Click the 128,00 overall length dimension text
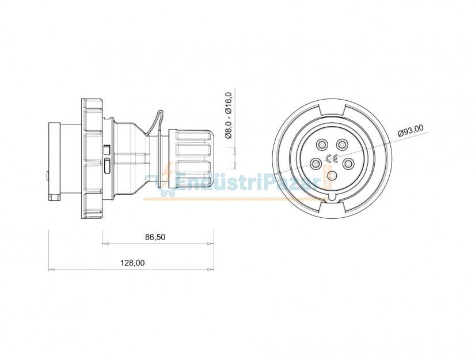[132, 263]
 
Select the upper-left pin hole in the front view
[321, 144]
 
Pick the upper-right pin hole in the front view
[343, 144]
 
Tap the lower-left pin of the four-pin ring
[316, 164]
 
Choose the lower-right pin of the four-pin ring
[348, 164]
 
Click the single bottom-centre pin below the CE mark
[332, 176]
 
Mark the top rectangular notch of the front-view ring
[332, 108]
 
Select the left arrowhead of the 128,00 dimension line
[51, 269]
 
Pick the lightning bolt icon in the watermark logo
[168, 173]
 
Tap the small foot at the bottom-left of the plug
[55, 197]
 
